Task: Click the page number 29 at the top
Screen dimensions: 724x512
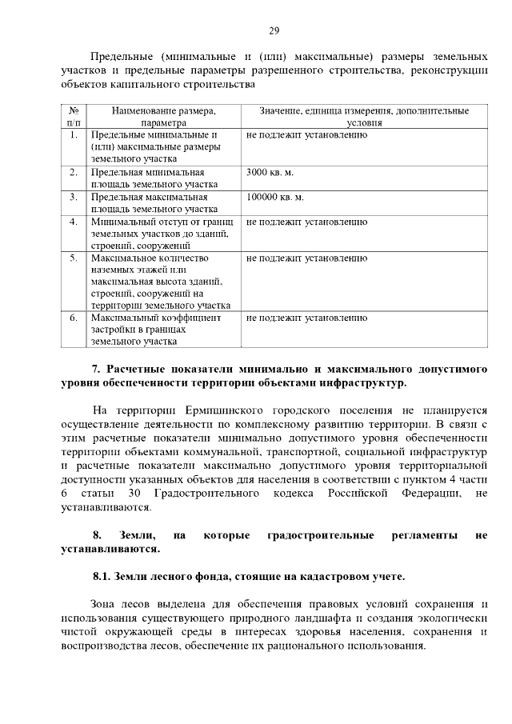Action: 274,31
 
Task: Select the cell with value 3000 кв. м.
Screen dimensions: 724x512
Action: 270,172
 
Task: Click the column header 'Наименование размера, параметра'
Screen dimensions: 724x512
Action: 164,117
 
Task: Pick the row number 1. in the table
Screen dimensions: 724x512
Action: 73,134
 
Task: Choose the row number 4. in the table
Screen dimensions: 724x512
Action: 73,221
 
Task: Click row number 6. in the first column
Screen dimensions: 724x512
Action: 73,318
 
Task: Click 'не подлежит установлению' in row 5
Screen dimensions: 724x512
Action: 306,258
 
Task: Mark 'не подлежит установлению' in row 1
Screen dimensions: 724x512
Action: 306,134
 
